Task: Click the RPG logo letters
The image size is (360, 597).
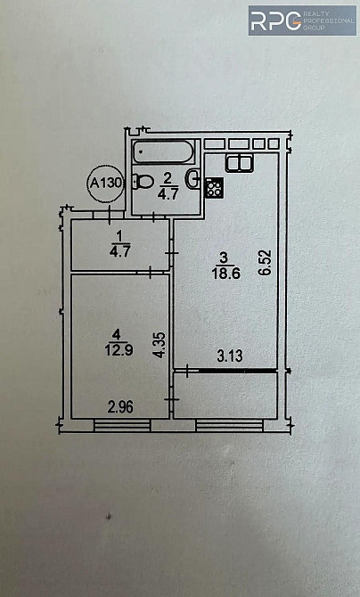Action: coord(276,21)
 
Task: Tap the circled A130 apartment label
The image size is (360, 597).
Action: coord(105,183)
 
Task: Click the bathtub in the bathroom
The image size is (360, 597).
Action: coord(163,151)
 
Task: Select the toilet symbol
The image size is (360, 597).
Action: coord(143,181)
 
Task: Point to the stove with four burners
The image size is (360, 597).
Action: coord(214,188)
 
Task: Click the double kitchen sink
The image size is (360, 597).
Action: coord(239,163)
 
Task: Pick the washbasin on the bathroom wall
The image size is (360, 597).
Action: coord(193,178)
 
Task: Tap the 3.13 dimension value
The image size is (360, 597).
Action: coord(230,356)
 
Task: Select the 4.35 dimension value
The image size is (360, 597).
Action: coord(160,345)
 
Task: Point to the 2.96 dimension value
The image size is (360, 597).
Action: coord(120,407)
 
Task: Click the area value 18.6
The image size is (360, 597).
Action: coord(226,273)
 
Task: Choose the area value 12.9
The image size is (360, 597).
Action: coord(119,349)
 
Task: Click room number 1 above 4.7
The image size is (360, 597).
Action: coord(119,237)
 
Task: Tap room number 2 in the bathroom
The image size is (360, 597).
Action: coord(168,178)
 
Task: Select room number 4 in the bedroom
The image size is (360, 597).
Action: coord(117,335)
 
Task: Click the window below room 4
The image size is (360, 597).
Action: coord(122,426)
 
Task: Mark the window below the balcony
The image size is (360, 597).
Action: coord(229,426)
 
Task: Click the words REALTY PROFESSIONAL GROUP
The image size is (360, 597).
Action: coord(329,20)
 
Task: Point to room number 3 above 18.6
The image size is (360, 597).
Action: coord(224,258)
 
